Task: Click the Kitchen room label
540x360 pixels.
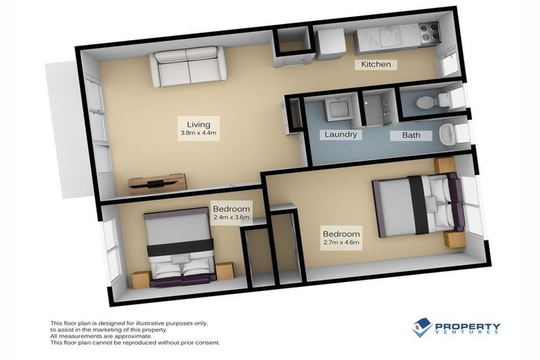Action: (x=375, y=65)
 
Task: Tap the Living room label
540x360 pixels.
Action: (x=189, y=124)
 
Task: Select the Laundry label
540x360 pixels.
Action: (x=340, y=134)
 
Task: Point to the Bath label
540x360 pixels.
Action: (x=411, y=135)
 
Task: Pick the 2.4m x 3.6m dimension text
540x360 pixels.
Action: (x=231, y=217)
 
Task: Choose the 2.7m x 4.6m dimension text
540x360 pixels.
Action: (x=341, y=243)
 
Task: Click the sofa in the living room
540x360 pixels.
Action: (x=187, y=65)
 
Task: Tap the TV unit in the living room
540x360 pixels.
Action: (x=157, y=184)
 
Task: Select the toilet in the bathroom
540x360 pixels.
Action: (x=429, y=103)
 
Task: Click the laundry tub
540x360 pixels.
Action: (x=336, y=110)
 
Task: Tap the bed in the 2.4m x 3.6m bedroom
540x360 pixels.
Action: (x=181, y=248)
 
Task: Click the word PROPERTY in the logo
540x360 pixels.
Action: (x=468, y=327)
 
